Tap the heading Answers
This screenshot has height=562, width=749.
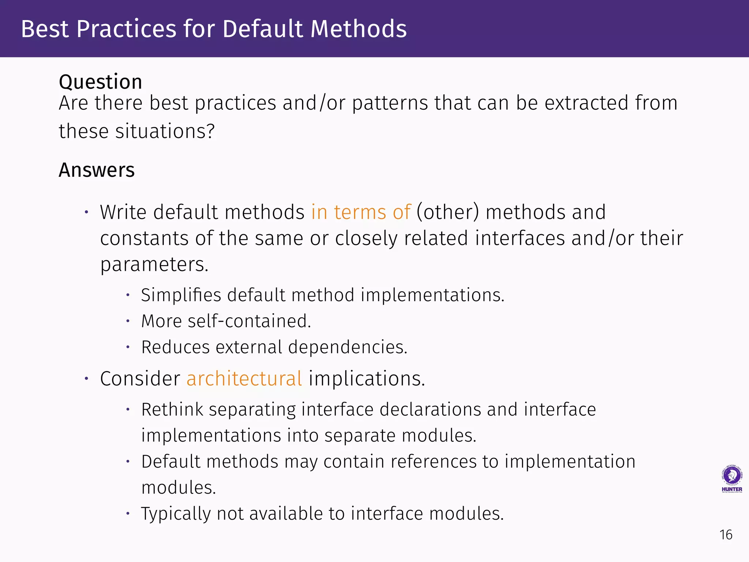pyautogui.click(x=97, y=170)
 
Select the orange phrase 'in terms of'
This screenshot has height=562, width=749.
pyautogui.click(x=361, y=212)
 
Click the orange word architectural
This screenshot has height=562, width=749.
pyautogui.click(x=244, y=379)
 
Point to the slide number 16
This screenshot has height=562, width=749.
pyautogui.click(x=726, y=535)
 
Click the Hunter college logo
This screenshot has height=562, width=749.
pyautogui.click(x=731, y=479)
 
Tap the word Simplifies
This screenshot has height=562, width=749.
pyautogui.click(x=181, y=295)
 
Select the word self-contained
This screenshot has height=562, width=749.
pyautogui.click(x=249, y=321)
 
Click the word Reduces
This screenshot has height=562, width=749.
pyautogui.click(x=176, y=347)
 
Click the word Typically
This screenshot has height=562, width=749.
pyautogui.click(x=176, y=514)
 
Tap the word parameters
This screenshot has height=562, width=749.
pyautogui.click(x=154, y=265)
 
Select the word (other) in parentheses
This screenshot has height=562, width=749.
pyautogui.click(x=448, y=212)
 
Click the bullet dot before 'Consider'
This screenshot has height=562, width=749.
pyautogui.click(x=86, y=379)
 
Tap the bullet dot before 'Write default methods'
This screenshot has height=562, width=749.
pyautogui.click(x=86, y=212)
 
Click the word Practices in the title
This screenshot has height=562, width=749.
pyautogui.click(x=127, y=29)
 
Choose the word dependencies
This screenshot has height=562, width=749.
pyautogui.click(x=347, y=347)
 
